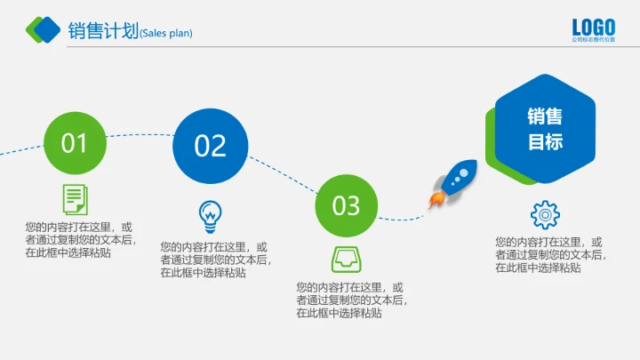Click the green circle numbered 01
click(x=75, y=143)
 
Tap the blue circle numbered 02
click(x=210, y=146)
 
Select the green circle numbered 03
click(x=346, y=205)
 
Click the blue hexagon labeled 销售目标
click(x=545, y=129)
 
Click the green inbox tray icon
click(x=345, y=259)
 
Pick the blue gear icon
click(x=544, y=216)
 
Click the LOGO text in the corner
click(x=593, y=28)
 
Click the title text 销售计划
click(x=103, y=31)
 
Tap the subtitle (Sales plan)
click(x=166, y=34)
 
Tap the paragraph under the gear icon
click(x=549, y=254)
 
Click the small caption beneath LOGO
click(x=593, y=40)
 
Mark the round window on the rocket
click(x=461, y=173)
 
